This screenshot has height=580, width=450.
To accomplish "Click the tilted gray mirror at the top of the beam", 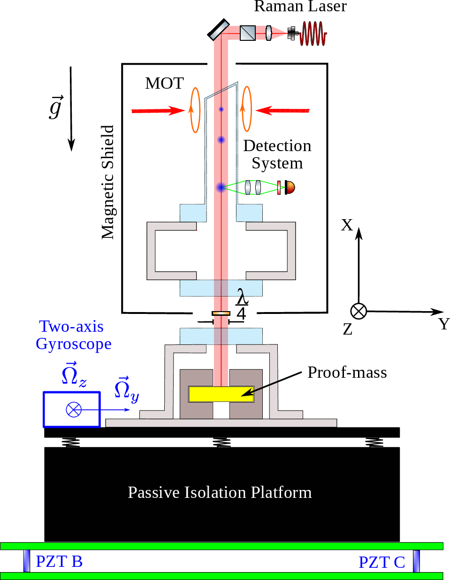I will [x=219, y=31].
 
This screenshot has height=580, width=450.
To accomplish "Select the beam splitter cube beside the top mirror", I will [x=247, y=33].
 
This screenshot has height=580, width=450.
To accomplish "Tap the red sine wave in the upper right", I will [x=313, y=34].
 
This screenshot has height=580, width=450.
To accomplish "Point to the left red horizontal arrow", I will [x=158, y=111].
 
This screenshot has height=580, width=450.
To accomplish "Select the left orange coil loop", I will [x=195, y=110].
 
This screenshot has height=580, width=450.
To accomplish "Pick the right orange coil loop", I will [x=247, y=109].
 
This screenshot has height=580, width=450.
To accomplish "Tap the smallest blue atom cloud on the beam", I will [x=221, y=109].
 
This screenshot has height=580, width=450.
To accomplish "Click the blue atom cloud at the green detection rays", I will [x=221, y=188].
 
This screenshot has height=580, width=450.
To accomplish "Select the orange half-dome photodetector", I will [x=290, y=188].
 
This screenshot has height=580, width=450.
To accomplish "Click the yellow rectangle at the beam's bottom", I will [x=221, y=394].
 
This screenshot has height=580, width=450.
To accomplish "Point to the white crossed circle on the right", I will [x=358, y=311].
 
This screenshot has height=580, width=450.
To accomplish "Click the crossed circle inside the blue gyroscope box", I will [x=74, y=410].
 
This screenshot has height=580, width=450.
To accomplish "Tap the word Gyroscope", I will [x=74, y=344].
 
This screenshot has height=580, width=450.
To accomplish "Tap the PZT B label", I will [x=59, y=561].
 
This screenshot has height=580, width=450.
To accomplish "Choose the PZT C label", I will [x=381, y=562].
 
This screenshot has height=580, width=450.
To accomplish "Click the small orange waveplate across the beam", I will [x=221, y=313].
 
